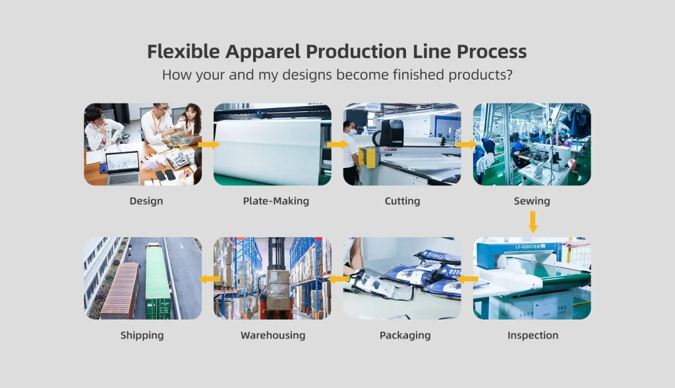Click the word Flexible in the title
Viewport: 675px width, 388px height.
[183, 51]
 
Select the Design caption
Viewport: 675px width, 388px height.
[146, 201]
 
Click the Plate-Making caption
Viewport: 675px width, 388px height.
[276, 201]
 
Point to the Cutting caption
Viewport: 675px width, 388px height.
[403, 201]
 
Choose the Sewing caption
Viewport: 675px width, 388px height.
[532, 201]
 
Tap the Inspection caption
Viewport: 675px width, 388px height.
[533, 335]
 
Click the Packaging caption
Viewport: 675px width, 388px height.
[405, 335]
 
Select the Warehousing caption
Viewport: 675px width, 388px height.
[273, 335]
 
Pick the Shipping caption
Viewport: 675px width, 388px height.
[142, 335]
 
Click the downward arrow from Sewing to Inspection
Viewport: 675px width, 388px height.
[533, 222]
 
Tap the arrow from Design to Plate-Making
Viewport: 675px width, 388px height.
[209, 144]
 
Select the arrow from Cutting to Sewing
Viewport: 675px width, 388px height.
[467, 144]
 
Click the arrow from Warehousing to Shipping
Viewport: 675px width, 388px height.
[210, 279]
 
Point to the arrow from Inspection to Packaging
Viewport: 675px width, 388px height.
[467, 279]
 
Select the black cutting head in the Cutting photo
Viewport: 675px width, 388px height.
[392, 133]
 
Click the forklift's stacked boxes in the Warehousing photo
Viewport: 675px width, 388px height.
[278, 290]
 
